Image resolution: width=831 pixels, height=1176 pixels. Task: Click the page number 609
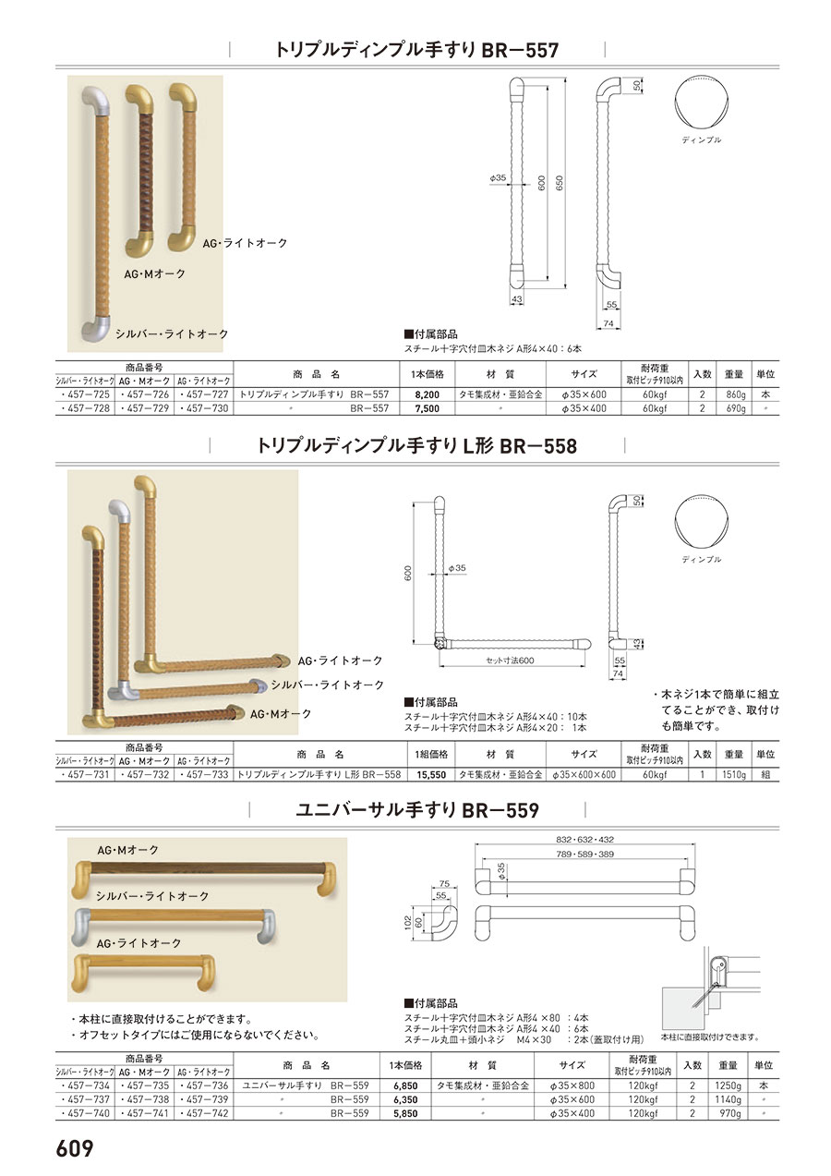click(75, 1148)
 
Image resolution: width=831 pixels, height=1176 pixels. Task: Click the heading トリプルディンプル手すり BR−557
click(417, 51)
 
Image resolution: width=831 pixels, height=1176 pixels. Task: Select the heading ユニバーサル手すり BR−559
click(417, 810)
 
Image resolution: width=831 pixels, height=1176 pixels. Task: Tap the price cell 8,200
click(427, 394)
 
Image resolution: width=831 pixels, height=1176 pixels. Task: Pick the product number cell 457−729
click(145, 408)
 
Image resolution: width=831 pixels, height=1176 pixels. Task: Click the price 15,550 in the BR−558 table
click(431, 775)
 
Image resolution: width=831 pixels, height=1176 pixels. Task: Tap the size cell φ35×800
click(572, 1085)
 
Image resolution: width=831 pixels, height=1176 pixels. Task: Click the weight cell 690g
click(734, 408)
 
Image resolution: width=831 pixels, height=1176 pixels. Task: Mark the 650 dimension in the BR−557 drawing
click(560, 183)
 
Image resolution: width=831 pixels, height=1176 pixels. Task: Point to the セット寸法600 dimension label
click(510, 661)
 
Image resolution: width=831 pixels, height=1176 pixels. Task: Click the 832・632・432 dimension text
click(584, 840)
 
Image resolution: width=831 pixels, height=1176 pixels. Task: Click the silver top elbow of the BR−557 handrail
click(96, 102)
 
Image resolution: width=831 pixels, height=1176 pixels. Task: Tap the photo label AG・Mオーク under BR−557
click(155, 273)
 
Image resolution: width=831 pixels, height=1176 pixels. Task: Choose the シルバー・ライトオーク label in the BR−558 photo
click(328, 685)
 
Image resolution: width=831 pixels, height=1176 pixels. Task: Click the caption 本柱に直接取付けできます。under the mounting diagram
click(710, 1037)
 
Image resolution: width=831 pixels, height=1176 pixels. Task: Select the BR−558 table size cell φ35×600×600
click(584, 775)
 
